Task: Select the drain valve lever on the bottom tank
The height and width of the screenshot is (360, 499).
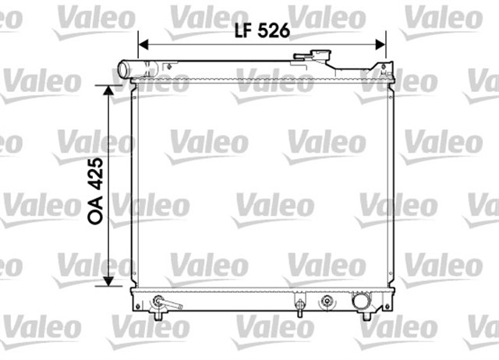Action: click(x=168, y=303)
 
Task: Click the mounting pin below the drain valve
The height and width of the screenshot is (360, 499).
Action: click(x=158, y=316)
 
